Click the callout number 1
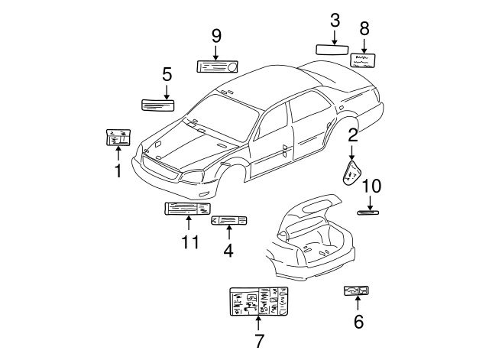(x=118, y=171)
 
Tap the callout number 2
(x=353, y=136)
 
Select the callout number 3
(x=335, y=21)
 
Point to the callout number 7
(x=259, y=342)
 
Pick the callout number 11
(x=190, y=242)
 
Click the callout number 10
(x=371, y=186)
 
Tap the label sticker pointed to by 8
(x=363, y=60)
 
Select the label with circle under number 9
(x=217, y=66)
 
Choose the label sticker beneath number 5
(x=157, y=104)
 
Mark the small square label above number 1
(x=118, y=137)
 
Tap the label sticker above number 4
(x=228, y=220)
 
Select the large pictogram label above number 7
(x=259, y=302)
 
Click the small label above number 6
(x=357, y=290)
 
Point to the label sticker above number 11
(x=188, y=209)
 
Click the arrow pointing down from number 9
(x=216, y=51)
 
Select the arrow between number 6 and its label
(x=357, y=303)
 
